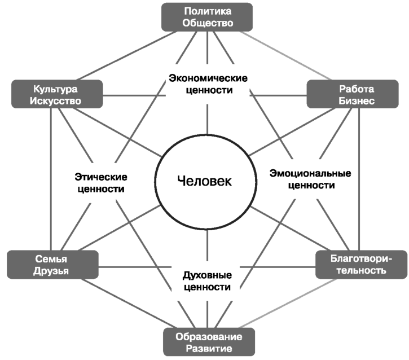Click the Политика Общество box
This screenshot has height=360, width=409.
point(207,17)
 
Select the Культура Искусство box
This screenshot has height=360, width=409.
point(57,94)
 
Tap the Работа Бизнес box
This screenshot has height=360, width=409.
point(353,94)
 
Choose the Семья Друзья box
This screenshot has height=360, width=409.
point(52,265)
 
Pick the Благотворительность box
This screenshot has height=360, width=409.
point(361,265)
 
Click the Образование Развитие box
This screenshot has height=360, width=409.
point(209,342)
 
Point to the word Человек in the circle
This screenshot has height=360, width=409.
point(204,181)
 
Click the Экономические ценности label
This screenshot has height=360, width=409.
point(208,84)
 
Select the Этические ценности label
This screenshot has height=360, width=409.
point(101,183)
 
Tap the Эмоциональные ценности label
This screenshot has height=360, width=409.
point(310,179)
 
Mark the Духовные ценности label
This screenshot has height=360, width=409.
point(207,281)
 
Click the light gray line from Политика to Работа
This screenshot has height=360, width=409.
point(285,55)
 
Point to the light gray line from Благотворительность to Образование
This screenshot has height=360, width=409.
point(288,304)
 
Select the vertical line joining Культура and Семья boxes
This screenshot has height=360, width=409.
point(51,179)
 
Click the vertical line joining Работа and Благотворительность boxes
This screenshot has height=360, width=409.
point(359,179)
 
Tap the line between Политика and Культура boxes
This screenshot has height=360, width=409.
point(127,55)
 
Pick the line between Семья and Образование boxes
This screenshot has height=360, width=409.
point(127,304)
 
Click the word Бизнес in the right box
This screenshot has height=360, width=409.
point(357,100)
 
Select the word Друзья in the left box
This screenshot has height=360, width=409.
point(51,271)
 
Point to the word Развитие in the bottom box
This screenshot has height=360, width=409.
point(209,349)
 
